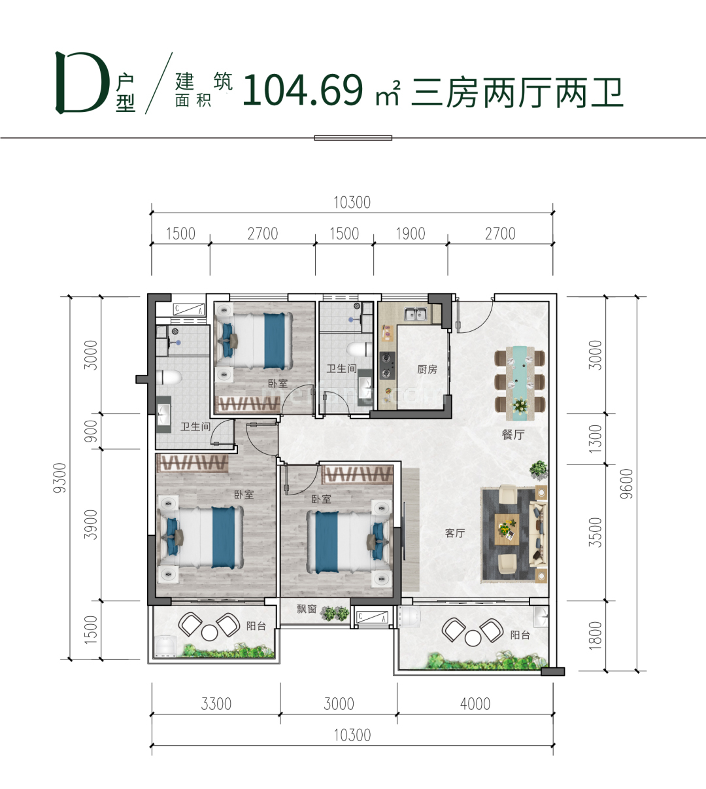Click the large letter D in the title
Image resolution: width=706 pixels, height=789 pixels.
coord(82,84)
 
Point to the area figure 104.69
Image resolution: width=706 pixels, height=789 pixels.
coord(302,90)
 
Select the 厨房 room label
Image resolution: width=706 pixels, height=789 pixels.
coord(427,370)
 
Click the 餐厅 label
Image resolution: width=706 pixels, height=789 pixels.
coord(513,434)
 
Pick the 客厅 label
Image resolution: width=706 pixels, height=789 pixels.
coord(455,533)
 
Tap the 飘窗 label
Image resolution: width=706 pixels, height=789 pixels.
coord(307,609)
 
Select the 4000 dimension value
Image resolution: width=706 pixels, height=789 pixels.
coord(475,704)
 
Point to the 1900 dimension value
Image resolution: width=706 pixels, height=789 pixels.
coord(410,234)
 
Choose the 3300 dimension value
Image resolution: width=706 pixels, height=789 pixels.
coord(216,704)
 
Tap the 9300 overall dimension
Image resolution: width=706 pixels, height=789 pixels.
coord(59,478)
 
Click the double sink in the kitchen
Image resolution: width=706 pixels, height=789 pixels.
coord(415,315)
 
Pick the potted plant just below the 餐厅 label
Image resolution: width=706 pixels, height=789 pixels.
coord(539,468)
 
